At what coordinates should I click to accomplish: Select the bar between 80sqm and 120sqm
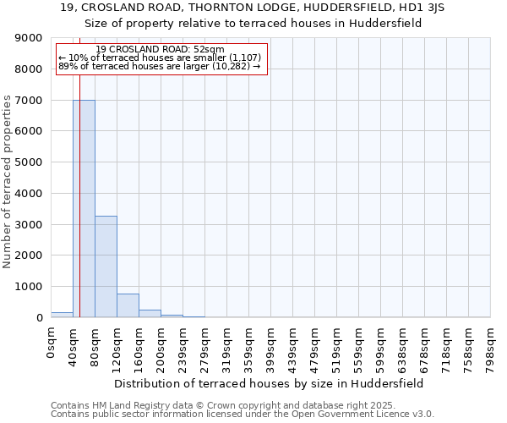point(106,266)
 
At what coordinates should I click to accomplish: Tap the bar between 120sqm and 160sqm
point(128,305)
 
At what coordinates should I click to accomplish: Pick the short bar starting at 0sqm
point(62,315)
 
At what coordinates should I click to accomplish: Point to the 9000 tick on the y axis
point(29,38)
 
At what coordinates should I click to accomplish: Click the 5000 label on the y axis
point(29,162)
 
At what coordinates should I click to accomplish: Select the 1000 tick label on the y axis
point(29,287)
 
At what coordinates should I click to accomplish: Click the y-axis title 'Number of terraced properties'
point(8,182)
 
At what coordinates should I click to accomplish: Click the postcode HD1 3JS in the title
point(421,7)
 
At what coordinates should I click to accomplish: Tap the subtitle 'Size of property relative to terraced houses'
point(253,23)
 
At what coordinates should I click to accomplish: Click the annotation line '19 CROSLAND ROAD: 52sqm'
point(160,49)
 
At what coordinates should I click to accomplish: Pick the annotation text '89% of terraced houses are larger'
point(160,66)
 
